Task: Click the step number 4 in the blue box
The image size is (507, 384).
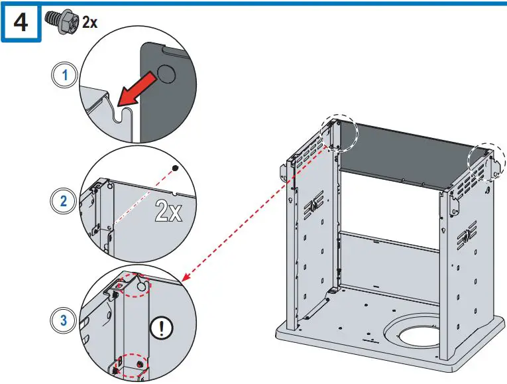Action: click(21, 23)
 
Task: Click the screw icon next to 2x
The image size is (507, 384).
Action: click(62, 21)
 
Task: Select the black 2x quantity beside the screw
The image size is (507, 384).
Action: click(89, 23)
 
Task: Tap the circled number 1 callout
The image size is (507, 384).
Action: click(65, 75)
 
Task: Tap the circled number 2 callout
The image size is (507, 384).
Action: click(64, 201)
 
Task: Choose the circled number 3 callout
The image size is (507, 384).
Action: click(64, 320)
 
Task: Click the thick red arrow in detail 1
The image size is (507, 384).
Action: click(137, 90)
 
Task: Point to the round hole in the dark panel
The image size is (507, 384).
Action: click(166, 74)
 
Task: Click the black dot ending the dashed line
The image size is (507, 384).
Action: click(175, 168)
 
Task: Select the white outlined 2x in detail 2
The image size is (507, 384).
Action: click(168, 210)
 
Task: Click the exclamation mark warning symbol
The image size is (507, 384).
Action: click(162, 328)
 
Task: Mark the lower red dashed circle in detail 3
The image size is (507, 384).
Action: click(132, 365)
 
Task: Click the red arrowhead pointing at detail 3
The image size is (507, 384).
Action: click(187, 276)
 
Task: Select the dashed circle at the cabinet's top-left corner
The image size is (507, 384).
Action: click(339, 133)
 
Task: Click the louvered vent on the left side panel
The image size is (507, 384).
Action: click(313, 204)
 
